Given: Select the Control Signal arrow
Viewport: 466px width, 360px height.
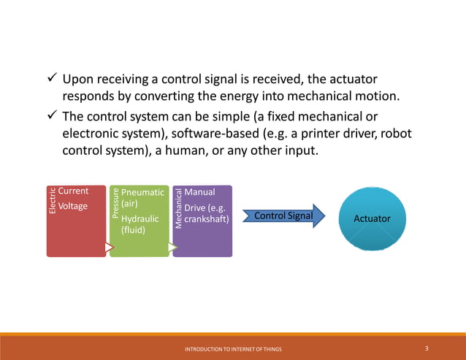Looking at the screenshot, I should [x=283, y=216].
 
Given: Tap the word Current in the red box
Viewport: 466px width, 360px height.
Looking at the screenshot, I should [x=73, y=191].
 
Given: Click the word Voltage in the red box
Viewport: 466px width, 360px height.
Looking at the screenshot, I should [x=73, y=206].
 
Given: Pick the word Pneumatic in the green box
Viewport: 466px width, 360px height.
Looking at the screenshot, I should [x=142, y=191].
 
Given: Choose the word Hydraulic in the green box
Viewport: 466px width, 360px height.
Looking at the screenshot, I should [x=140, y=218].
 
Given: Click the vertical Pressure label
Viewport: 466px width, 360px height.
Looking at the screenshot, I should [x=115, y=204].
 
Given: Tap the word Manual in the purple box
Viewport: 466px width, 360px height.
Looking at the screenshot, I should [x=200, y=191].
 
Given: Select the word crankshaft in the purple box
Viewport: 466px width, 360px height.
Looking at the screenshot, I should [x=207, y=218].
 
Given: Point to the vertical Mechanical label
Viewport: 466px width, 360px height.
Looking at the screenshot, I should [x=178, y=207].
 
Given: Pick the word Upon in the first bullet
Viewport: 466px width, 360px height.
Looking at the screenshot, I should [x=77, y=79].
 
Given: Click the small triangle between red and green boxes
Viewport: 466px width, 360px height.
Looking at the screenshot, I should [x=110, y=248].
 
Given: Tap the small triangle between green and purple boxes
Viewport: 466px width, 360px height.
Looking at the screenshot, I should [x=173, y=248].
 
